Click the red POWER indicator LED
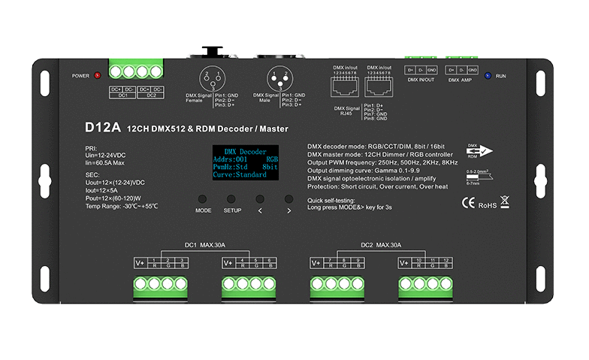point(98,76)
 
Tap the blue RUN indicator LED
point(487,76)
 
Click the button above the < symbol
point(260,199)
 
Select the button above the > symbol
point(288,199)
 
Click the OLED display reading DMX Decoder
point(240,161)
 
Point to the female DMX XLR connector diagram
point(211,78)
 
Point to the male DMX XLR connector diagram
point(279,78)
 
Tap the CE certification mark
point(466,201)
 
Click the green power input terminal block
point(136,72)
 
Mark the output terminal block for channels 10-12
point(427,285)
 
